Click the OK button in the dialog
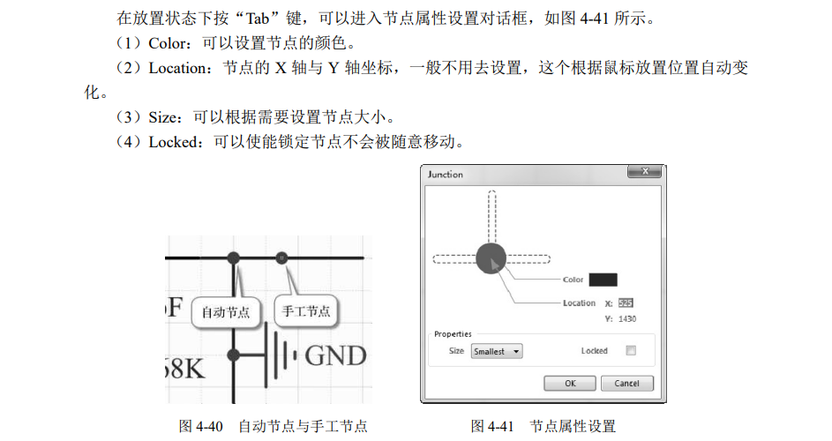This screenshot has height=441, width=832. click(569, 384)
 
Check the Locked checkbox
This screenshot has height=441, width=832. click(630, 351)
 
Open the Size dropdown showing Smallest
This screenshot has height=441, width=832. click(497, 351)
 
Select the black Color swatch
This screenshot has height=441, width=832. click(603, 280)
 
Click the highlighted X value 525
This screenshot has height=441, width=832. click(626, 303)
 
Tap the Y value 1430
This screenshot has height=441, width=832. click(626, 319)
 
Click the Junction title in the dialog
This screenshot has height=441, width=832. click(446, 175)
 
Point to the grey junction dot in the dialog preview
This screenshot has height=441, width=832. click(491, 258)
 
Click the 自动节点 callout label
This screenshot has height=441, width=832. click(225, 311)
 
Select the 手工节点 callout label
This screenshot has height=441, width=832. click(306, 311)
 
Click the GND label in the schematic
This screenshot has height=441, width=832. click(335, 355)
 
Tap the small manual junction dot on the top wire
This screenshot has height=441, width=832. click(281, 258)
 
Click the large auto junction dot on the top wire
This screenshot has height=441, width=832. click(234, 258)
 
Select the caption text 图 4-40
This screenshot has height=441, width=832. click(201, 427)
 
